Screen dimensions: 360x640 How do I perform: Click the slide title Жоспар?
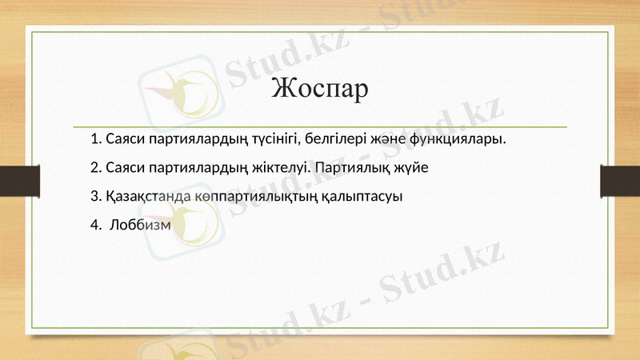tap(320, 88)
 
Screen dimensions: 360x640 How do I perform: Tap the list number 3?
tap(96, 196)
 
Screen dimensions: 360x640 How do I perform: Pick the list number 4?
tap(96, 224)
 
